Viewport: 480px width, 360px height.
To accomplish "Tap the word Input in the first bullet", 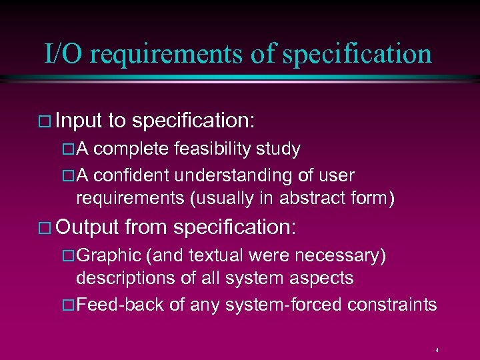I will tap(79, 120).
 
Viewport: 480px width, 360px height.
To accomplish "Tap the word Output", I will tap(87, 227).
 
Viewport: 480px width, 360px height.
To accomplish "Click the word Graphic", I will tap(109, 255).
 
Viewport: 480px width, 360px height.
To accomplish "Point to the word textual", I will tap(214, 255).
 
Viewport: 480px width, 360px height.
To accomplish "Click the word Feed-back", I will tap(121, 305).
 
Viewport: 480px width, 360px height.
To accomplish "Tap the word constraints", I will tap(393, 305).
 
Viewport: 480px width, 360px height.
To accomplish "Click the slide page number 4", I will tap(437, 350).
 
